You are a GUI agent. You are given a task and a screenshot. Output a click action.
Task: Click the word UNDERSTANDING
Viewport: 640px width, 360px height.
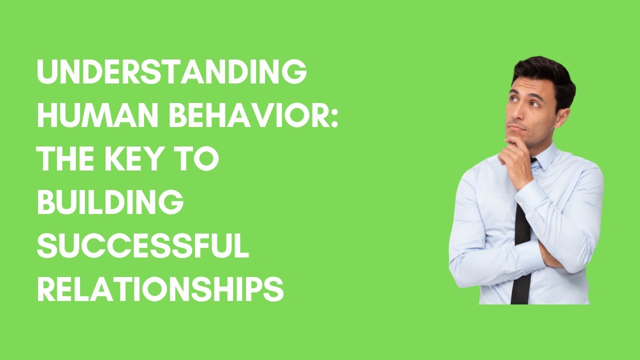(x=171, y=73)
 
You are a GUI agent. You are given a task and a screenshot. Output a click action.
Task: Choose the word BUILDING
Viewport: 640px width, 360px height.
(x=110, y=202)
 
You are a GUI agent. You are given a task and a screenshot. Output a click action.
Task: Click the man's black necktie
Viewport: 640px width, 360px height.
(x=521, y=250)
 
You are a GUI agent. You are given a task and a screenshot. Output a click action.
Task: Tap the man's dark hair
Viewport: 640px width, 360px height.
(x=542, y=72)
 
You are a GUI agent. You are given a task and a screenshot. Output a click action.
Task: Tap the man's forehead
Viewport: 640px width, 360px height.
(x=527, y=87)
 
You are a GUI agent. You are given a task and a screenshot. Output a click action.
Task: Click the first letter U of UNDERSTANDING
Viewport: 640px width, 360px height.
(x=47, y=73)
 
